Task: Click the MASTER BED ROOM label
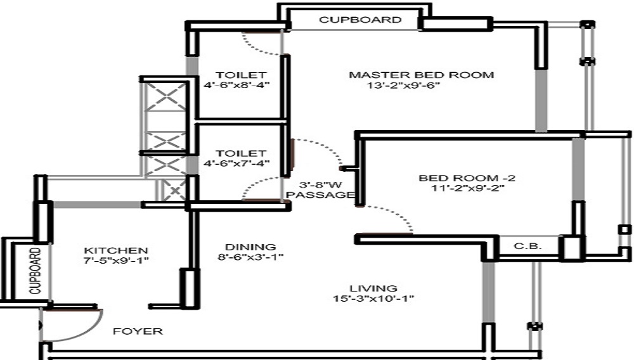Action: pos(421,75)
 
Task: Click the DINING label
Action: pos(250,247)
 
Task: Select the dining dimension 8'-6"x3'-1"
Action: pos(250,257)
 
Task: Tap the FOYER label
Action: pos(138,331)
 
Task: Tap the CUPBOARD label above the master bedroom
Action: pos(360,20)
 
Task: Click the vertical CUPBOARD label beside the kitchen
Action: pos(35,271)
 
